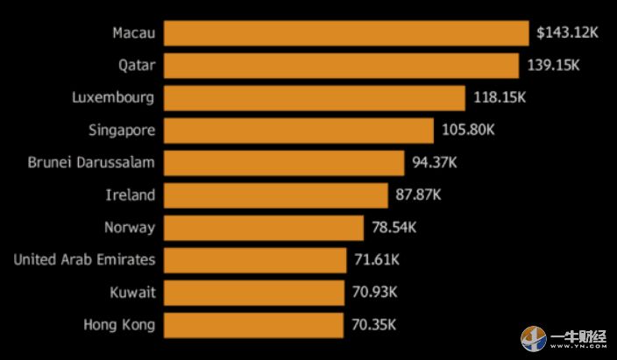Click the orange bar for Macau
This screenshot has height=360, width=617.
pyautogui.click(x=346, y=33)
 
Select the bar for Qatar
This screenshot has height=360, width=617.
pyautogui.click(x=341, y=66)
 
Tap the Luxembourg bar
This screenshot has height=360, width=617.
pyautogui.click(x=314, y=98)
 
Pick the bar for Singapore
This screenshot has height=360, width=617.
pyautogui.click(x=298, y=131)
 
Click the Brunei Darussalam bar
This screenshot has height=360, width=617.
pyautogui.click(x=283, y=163)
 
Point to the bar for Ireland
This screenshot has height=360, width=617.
pyautogui.click(x=275, y=195)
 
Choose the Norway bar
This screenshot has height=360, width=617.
pyautogui.click(x=263, y=228)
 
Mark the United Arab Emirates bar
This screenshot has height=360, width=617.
pyautogui.click(x=255, y=260)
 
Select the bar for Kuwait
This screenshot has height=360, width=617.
pyautogui.click(x=254, y=293)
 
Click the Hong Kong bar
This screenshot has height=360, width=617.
pyautogui.click(x=253, y=325)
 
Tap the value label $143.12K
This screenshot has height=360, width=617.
pyautogui.click(x=567, y=33)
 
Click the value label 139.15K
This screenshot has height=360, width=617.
pyautogui.click(x=554, y=66)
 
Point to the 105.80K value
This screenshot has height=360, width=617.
pyautogui.click(x=468, y=131)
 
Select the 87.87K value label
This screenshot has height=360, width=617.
pyautogui.click(x=418, y=195)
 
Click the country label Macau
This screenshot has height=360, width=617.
pyautogui.click(x=133, y=33)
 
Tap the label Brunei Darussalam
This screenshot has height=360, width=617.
pyautogui.click(x=91, y=163)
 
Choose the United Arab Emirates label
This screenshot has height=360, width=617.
pyautogui.click(x=84, y=260)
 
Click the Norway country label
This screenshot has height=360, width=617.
pyautogui.click(x=129, y=228)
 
